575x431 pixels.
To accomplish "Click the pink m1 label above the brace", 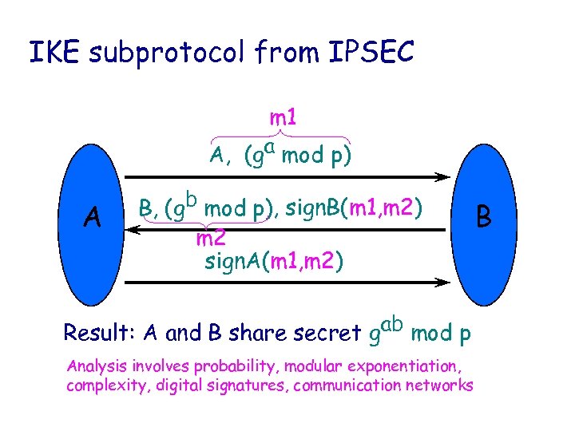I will tap(283, 118).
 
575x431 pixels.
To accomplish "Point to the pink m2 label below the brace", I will tap(210, 238).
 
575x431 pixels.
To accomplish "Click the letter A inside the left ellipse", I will tap(93, 215).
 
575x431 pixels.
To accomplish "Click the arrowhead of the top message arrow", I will tap(442, 176).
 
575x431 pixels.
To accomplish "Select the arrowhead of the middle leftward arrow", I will tap(136, 230).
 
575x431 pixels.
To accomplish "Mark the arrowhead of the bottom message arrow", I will tap(442, 281).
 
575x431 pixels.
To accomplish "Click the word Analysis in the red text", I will tap(96, 368).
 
